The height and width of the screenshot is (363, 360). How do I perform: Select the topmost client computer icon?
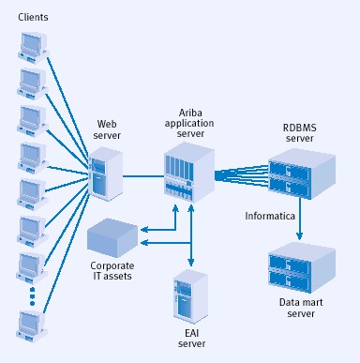click(31, 45)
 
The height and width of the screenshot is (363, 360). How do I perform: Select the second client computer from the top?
click(31, 82)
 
